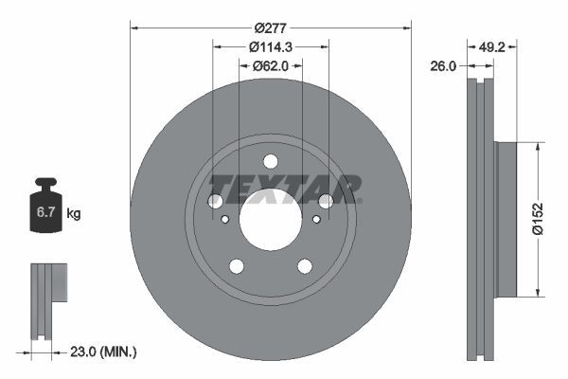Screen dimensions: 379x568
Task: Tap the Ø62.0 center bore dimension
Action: tap(270, 65)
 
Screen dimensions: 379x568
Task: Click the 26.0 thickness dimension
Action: tap(443, 66)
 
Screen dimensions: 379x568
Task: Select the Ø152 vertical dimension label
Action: tap(537, 217)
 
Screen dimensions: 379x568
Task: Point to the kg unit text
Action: tap(74, 214)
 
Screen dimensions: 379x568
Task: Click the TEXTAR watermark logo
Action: tap(284, 188)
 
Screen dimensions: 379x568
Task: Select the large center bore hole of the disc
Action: tap(270, 220)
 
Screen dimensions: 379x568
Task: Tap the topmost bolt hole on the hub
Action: tap(270, 161)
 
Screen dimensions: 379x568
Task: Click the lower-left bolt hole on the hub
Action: tap(236, 266)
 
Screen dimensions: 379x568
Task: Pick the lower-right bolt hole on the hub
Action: tap(305, 266)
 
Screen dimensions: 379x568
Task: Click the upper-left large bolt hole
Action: tap(215, 201)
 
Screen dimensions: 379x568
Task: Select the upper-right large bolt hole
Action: tap(326, 201)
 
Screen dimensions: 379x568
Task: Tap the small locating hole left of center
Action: tap(224, 220)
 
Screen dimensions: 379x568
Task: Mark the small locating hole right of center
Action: tap(316, 220)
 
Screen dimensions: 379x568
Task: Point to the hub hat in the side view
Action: tap(506, 217)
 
